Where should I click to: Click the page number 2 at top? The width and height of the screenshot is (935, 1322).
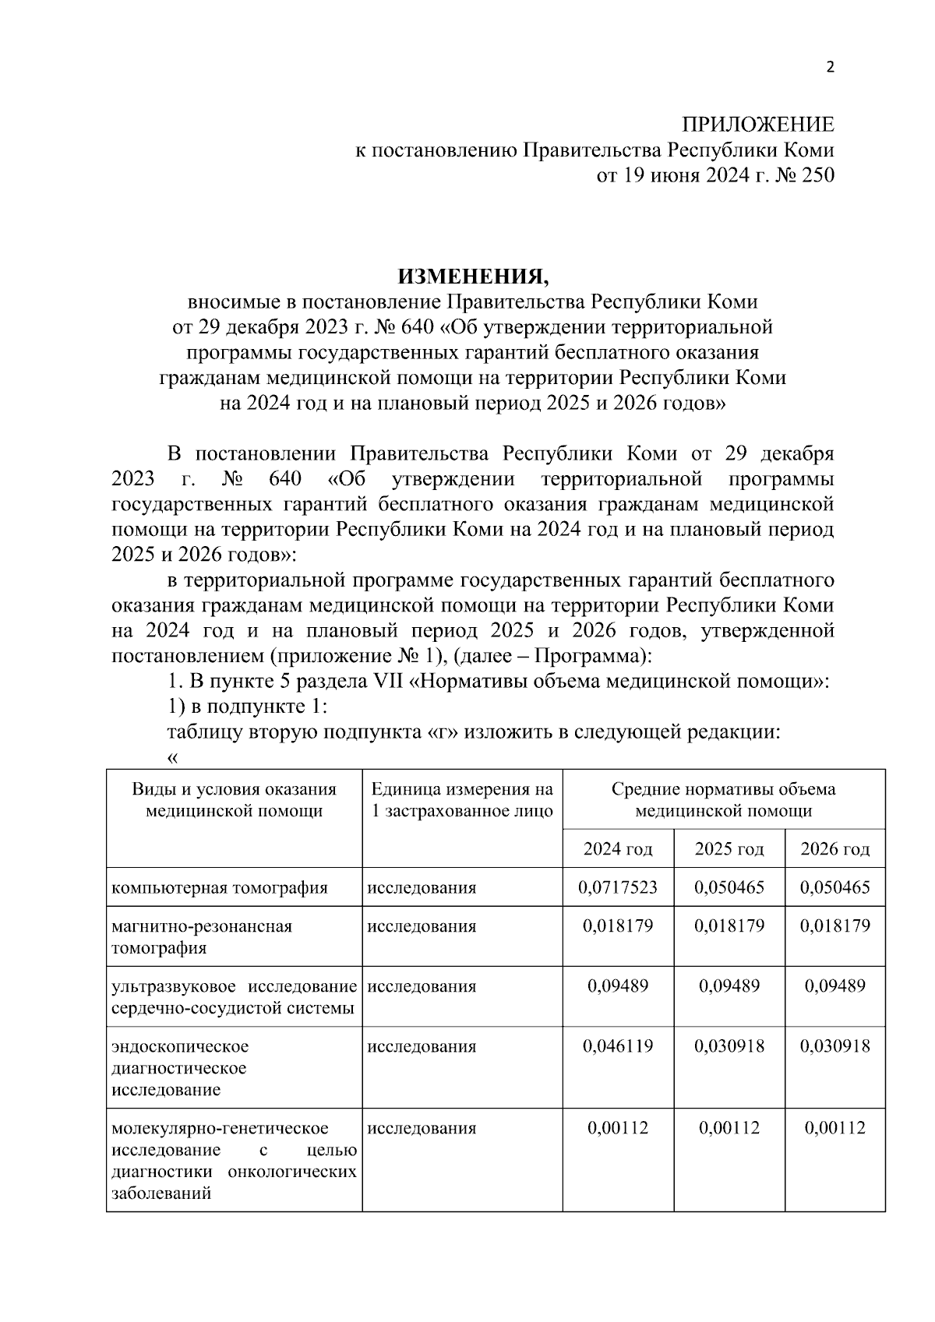[x=830, y=68]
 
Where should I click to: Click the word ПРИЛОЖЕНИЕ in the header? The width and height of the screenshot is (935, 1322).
[x=757, y=125]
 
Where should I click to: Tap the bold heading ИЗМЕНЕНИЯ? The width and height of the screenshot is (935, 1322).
[x=474, y=277]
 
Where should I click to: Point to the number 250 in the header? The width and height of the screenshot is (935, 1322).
[x=816, y=175]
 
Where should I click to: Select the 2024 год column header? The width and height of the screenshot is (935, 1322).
[x=618, y=849]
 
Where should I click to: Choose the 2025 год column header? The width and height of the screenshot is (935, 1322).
[x=729, y=849]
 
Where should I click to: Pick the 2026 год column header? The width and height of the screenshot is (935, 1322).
[x=834, y=849]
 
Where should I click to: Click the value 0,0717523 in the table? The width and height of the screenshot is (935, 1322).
[x=618, y=887]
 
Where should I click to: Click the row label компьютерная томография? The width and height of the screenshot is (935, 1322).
[x=220, y=888]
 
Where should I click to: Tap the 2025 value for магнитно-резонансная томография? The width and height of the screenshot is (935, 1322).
[x=729, y=926]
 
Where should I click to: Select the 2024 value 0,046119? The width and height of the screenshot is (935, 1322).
[x=618, y=1046]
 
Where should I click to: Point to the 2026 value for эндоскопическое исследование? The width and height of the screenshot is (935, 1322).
[x=834, y=1046]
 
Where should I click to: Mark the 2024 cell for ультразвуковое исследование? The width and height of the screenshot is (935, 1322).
[x=618, y=986]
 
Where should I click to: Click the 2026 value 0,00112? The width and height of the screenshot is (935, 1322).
[x=834, y=1128]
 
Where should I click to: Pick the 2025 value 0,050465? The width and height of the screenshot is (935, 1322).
[x=729, y=887]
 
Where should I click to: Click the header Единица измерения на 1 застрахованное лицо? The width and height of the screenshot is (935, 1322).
[x=462, y=800]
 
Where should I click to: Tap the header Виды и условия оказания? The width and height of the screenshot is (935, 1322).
[x=234, y=790]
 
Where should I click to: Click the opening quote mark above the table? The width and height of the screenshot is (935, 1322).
[x=172, y=757]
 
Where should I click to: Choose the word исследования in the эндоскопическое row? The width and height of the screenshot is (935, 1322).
[x=422, y=1046]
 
